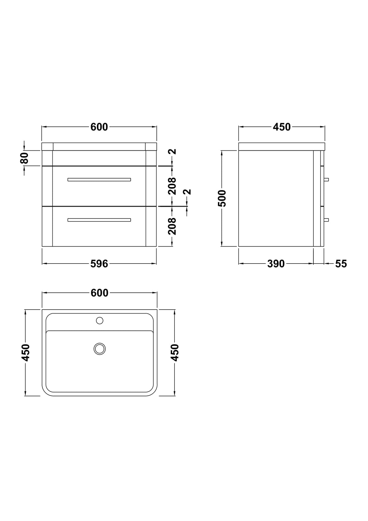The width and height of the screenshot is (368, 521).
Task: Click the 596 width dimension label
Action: coord(99,264)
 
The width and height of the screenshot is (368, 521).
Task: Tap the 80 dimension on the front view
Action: coord(25,158)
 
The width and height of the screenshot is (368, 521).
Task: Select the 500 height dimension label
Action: coord(222,198)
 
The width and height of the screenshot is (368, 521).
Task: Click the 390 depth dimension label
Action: coord(276,264)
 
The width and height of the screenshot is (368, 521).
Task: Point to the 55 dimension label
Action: coord(341,264)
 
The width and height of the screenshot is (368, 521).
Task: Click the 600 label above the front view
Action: coord(99,127)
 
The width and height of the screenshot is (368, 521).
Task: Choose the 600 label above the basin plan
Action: coord(99,293)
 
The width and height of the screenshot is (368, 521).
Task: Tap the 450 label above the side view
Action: coord(282,127)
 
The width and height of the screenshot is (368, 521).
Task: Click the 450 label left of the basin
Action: coord(25,353)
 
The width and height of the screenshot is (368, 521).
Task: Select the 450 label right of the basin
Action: coord(174,353)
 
